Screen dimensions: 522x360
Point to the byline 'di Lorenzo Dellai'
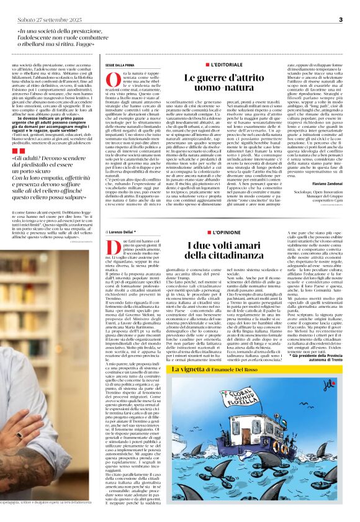click(128, 232)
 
